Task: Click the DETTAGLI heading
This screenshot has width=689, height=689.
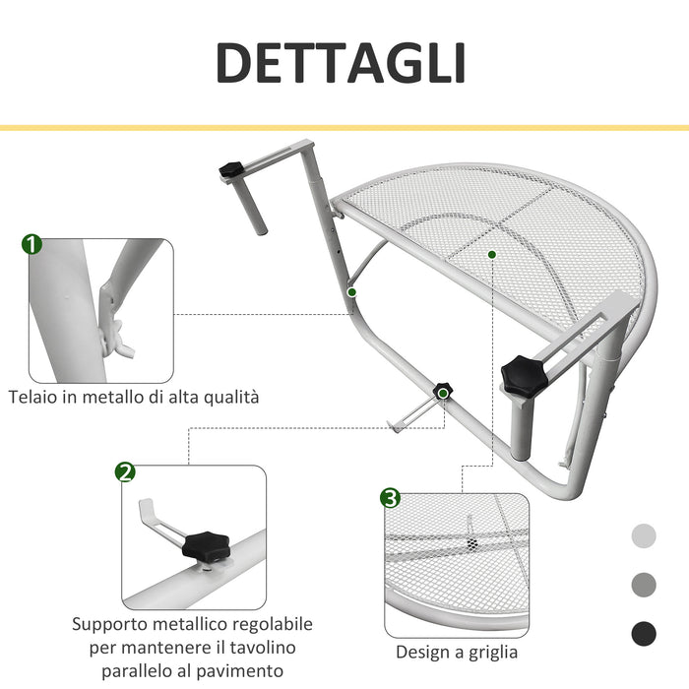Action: point(341,64)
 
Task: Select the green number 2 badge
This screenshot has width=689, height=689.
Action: point(125,472)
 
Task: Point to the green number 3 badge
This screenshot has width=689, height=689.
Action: point(391,499)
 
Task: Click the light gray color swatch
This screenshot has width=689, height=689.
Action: point(643,536)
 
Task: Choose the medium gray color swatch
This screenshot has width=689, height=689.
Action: point(643,584)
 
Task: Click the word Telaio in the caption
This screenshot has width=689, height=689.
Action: point(32,398)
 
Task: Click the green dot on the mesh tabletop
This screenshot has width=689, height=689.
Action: point(491,253)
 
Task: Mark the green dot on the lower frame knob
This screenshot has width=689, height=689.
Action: point(444,393)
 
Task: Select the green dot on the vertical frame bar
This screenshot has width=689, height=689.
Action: point(350,291)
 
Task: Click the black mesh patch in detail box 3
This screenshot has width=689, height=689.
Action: point(473,543)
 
